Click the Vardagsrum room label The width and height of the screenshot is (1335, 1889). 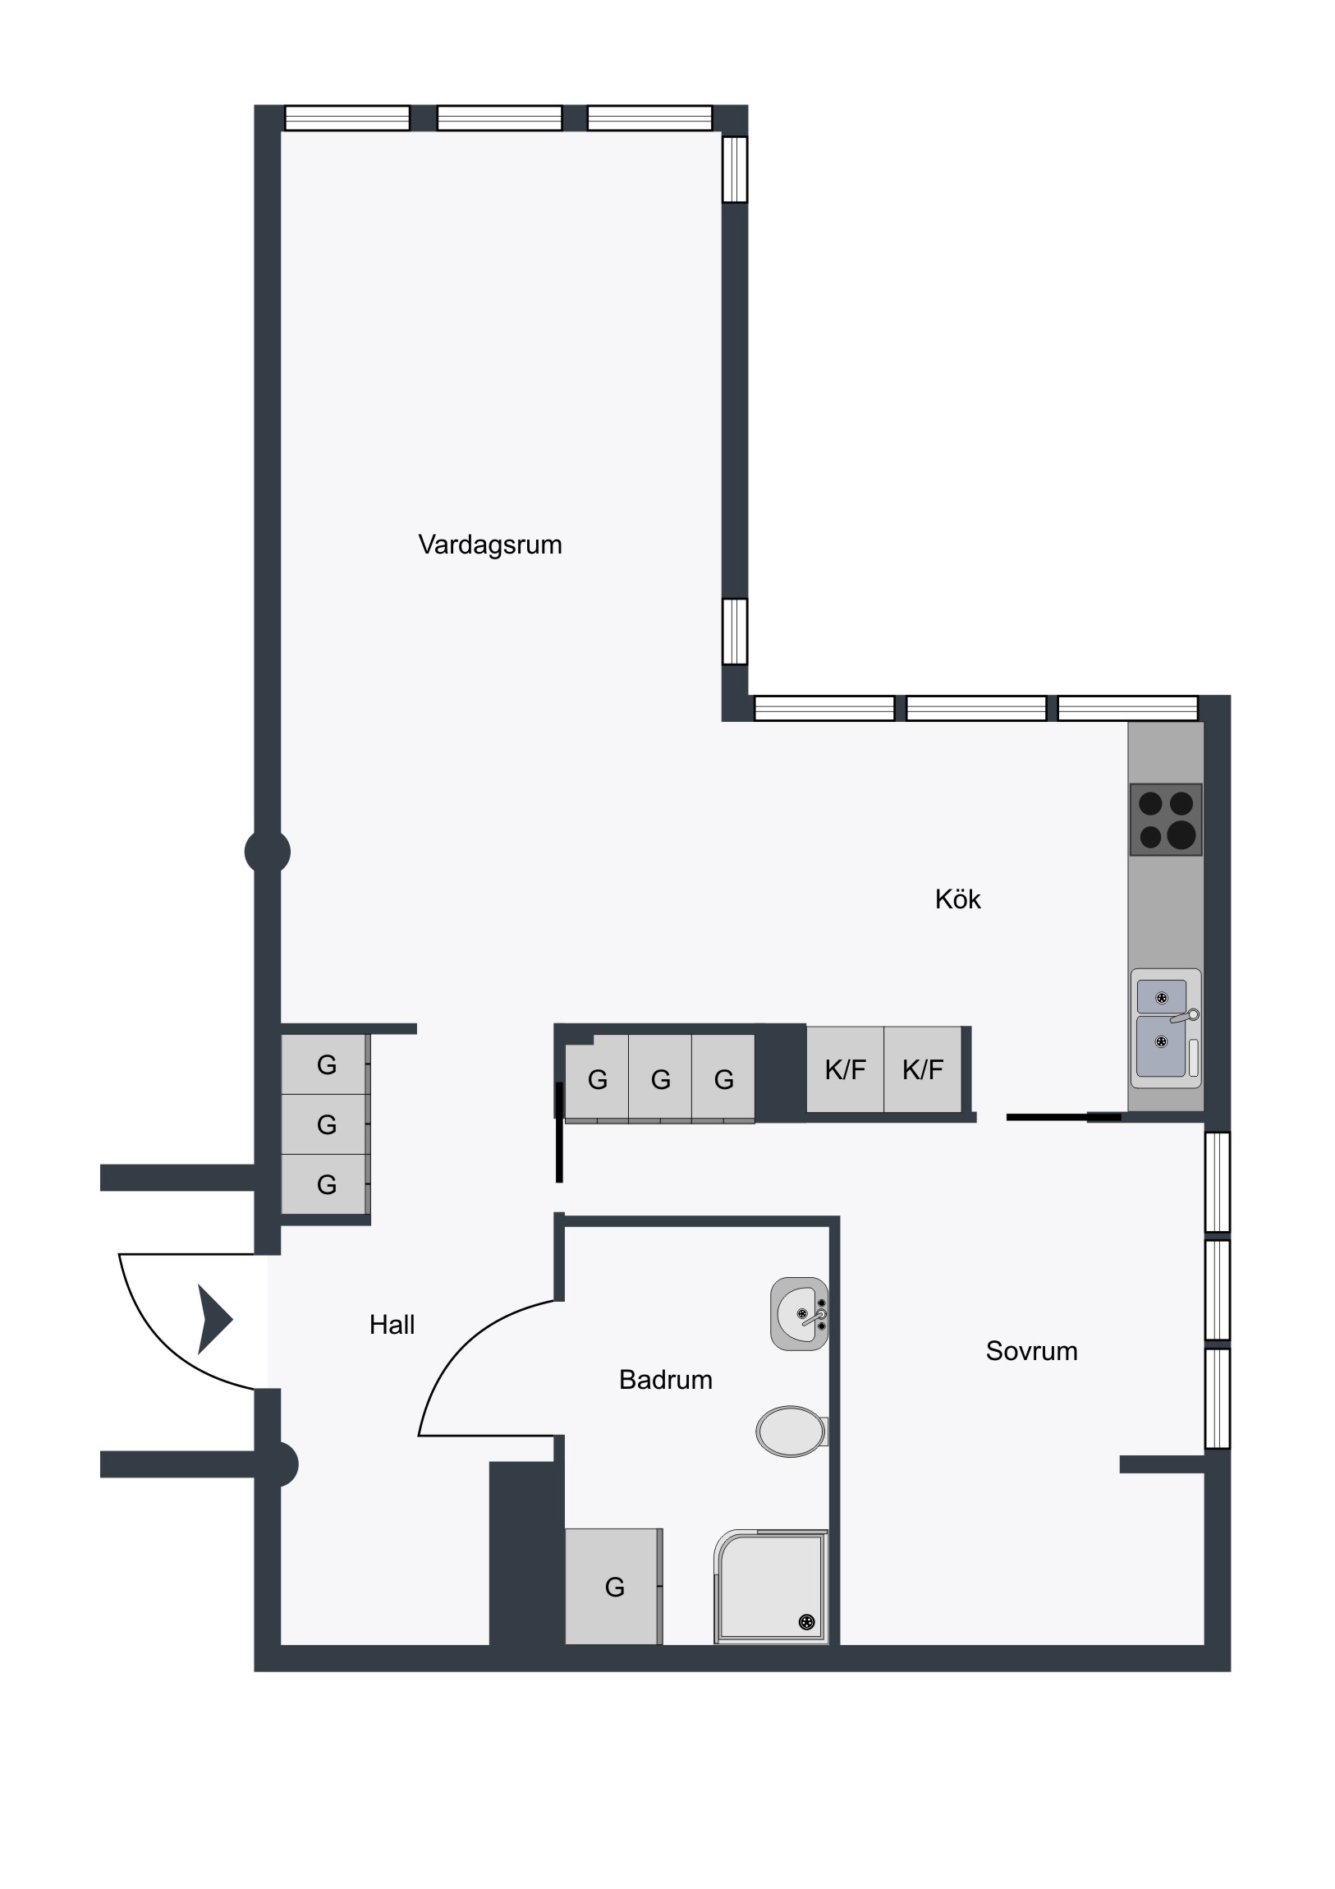click(x=490, y=545)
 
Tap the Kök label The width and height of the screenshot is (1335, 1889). click(x=957, y=899)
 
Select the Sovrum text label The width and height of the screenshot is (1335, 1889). click(x=1031, y=1351)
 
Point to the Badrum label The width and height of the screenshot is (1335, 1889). click(x=665, y=1380)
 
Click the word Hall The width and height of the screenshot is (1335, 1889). click(x=392, y=1325)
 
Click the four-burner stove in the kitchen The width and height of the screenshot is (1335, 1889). click(x=1166, y=820)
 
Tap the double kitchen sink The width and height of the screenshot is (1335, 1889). click(x=1166, y=1028)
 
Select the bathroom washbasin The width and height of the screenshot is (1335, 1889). click(x=800, y=1314)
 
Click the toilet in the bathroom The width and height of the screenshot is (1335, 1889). click(x=792, y=1432)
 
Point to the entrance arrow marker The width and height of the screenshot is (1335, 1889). click(x=214, y=1320)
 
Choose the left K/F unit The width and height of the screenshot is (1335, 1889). click(x=845, y=1069)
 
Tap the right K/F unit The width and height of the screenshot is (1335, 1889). click(x=923, y=1069)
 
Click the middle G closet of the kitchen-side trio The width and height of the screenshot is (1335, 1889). click(x=660, y=1078)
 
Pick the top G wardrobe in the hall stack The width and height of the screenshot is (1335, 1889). click(x=326, y=1064)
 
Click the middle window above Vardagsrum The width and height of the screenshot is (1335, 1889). click(x=499, y=117)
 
